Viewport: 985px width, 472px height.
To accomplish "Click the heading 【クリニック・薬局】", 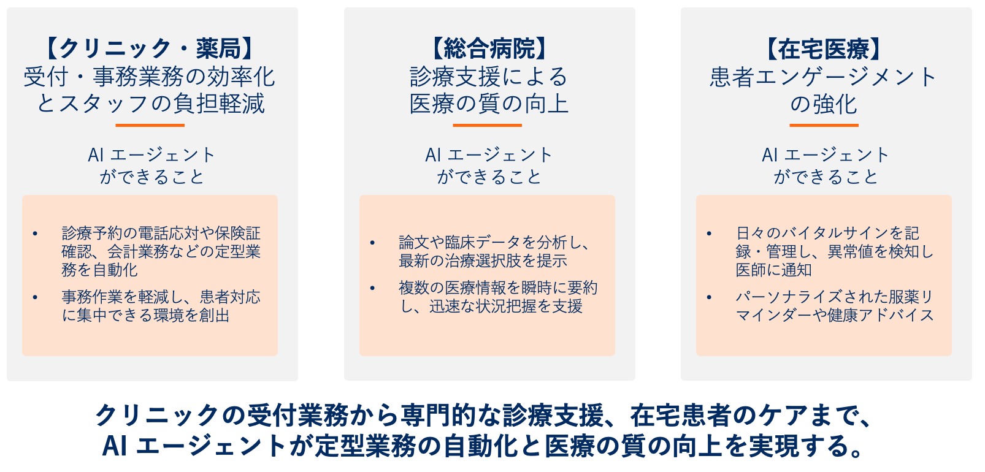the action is [x=150, y=48].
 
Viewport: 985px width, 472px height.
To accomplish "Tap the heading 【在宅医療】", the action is [x=824, y=48].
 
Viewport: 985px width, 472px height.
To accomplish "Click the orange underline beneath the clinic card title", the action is [x=150, y=125].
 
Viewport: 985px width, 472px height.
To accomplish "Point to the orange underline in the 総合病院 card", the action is [x=487, y=125].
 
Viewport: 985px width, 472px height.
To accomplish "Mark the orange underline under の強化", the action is [x=824, y=125].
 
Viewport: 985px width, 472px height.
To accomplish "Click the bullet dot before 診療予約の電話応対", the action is [x=35, y=234].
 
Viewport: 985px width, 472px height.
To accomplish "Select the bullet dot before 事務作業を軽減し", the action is [x=35, y=297].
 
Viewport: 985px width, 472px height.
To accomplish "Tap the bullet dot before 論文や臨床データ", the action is [x=372, y=243].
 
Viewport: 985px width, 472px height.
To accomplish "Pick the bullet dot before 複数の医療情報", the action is [x=372, y=288].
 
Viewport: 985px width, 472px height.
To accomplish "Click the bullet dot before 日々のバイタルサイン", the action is [x=709, y=234].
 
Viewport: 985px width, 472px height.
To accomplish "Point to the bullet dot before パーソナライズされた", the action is [x=709, y=297].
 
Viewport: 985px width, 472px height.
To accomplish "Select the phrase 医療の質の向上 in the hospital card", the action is [x=489, y=104].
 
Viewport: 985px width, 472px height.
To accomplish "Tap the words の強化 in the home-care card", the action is [x=824, y=104].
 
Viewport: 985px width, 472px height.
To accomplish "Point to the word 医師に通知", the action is [x=774, y=270].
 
